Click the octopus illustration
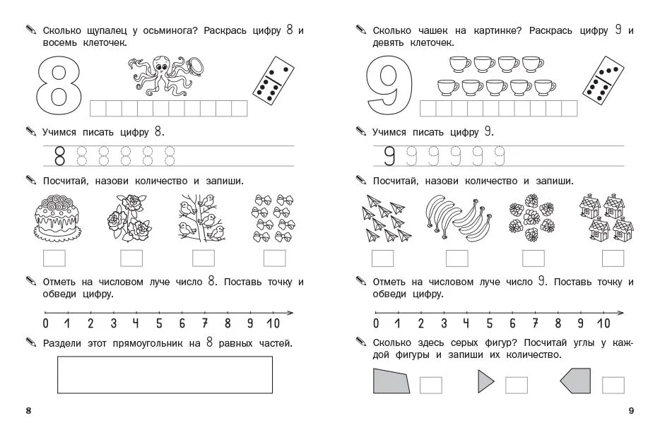(x=167, y=76)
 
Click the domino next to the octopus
(x=273, y=79)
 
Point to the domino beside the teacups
(x=603, y=79)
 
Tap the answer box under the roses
(x=131, y=258)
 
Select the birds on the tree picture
(x=201, y=217)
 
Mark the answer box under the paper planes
(x=382, y=258)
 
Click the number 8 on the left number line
(x=228, y=323)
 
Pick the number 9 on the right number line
(x=580, y=323)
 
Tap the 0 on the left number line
(x=46, y=323)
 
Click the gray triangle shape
(x=485, y=381)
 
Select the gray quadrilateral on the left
(x=391, y=381)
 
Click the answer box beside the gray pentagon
(x=613, y=385)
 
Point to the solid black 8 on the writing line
(x=60, y=155)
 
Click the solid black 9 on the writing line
(x=390, y=155)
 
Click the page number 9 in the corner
(x=631, y=411)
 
